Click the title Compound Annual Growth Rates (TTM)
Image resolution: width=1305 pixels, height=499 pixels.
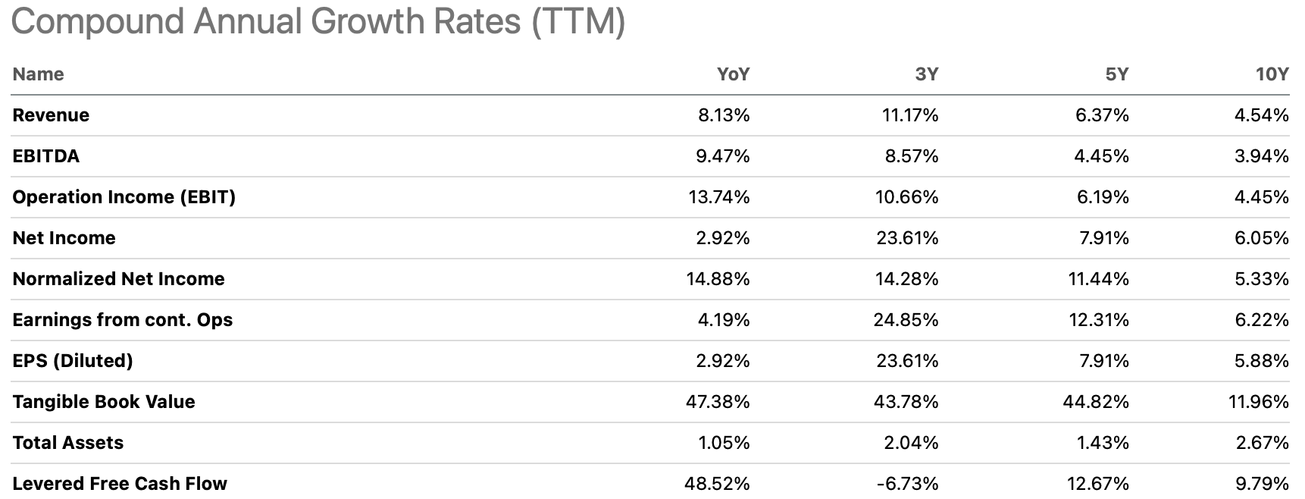318,21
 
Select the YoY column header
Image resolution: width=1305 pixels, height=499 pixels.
733,74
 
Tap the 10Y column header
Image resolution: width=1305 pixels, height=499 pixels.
1272,74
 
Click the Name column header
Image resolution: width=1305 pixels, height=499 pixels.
38,74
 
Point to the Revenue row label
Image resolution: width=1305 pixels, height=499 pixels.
51,115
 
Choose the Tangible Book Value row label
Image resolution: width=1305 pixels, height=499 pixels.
104,402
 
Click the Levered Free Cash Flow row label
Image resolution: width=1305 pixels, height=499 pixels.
120,484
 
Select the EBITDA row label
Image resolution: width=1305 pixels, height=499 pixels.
45,156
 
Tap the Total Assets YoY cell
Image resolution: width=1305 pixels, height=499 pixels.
724,443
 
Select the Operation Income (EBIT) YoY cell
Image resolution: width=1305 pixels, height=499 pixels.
718,197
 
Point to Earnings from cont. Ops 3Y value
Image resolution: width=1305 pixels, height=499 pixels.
906,320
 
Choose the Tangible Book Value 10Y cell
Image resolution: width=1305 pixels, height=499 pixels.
1258,402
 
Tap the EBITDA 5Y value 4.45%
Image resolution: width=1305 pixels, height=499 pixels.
1102,156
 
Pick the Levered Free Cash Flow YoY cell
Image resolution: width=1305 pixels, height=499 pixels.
718,484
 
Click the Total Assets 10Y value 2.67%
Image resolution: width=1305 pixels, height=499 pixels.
1262,443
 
